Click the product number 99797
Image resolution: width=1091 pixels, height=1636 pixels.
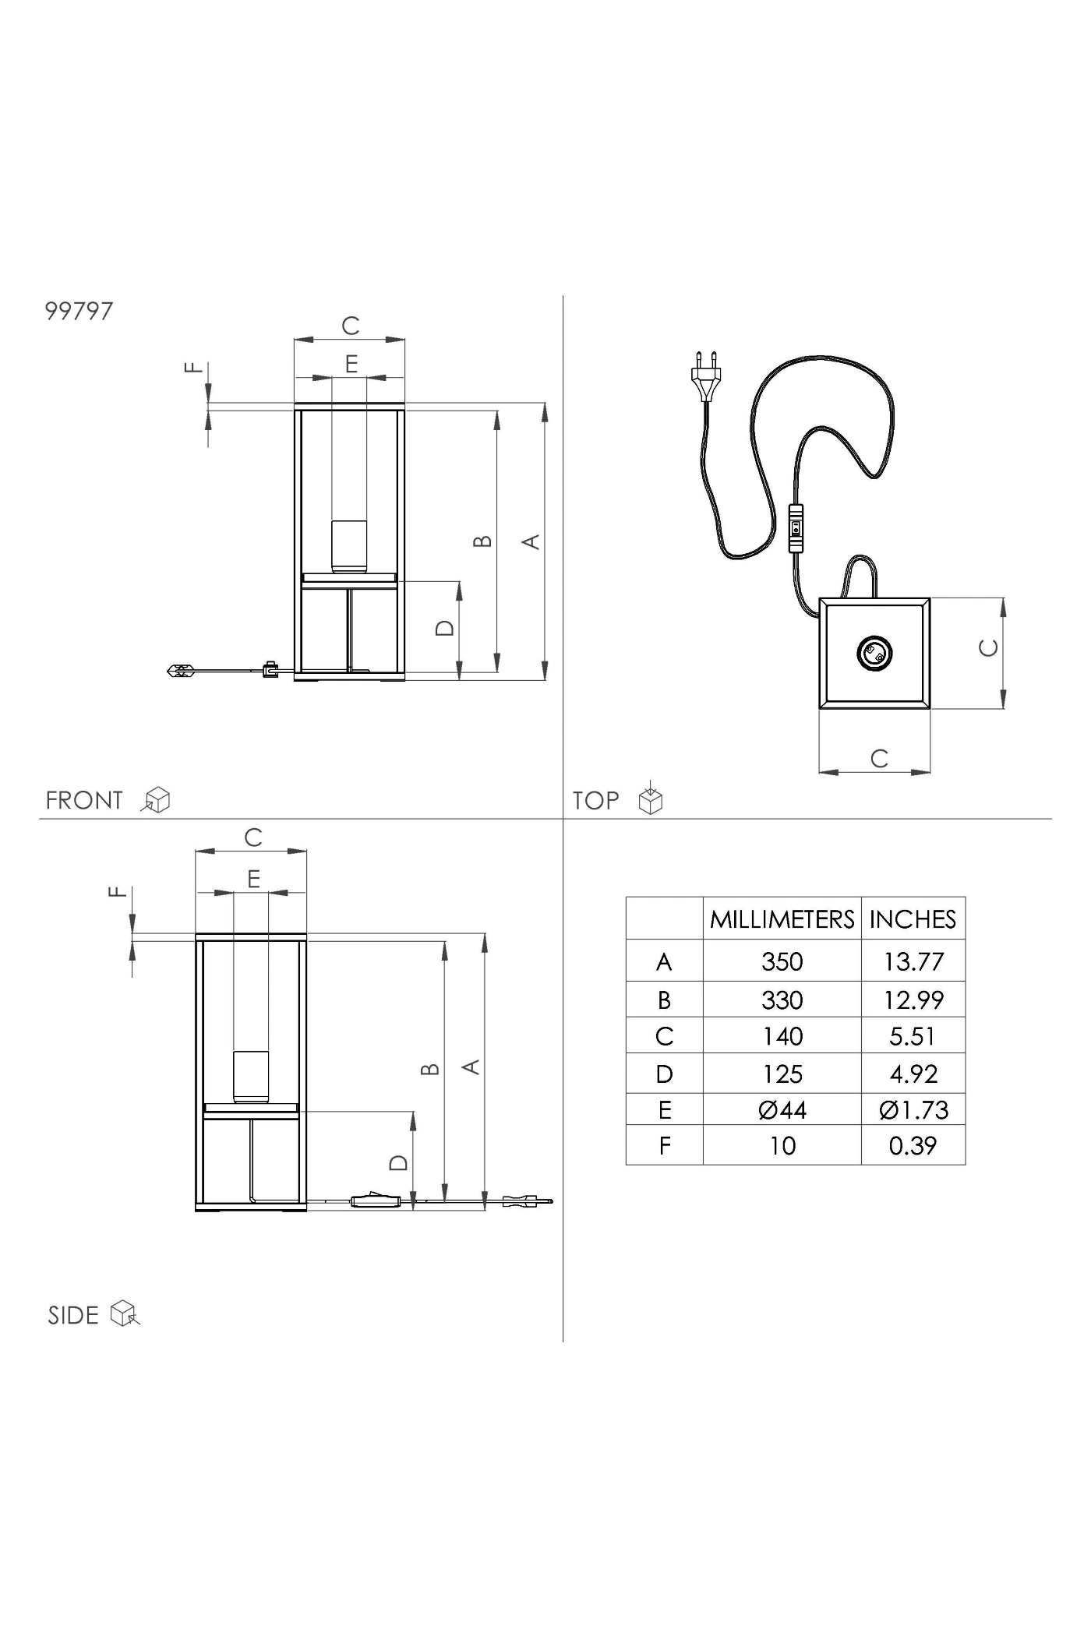(x=79, y=311)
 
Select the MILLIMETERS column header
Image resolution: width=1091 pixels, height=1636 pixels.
(x=782, y=919)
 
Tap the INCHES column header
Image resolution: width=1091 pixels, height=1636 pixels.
(x=913, y=919)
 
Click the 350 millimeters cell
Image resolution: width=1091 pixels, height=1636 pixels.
(x=782, y=961)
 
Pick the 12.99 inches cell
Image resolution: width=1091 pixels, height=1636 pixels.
(x=913, y=1000)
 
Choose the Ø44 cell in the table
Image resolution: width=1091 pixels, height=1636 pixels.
(x=782, y=1109)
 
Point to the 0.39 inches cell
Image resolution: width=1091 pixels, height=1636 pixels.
(x=913, y=1145)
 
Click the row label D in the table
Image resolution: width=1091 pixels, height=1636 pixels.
(x=664, y=1074)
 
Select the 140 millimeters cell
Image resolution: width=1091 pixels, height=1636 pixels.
(x=782, y=1036)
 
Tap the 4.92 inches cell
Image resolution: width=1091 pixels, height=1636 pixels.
(x=913, y=1074)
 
